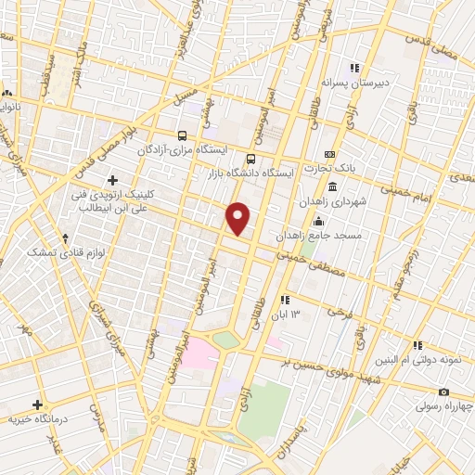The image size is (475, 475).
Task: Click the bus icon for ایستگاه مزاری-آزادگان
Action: pos(183,134)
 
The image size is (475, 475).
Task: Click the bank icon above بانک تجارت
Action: pos(328,155)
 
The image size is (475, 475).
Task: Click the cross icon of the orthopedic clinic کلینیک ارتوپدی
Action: pos(113,179)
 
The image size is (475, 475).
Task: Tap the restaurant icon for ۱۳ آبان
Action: pos(284,299)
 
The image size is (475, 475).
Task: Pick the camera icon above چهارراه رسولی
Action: pos(444,392)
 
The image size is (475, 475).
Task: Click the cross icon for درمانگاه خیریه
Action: pos(38,404)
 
